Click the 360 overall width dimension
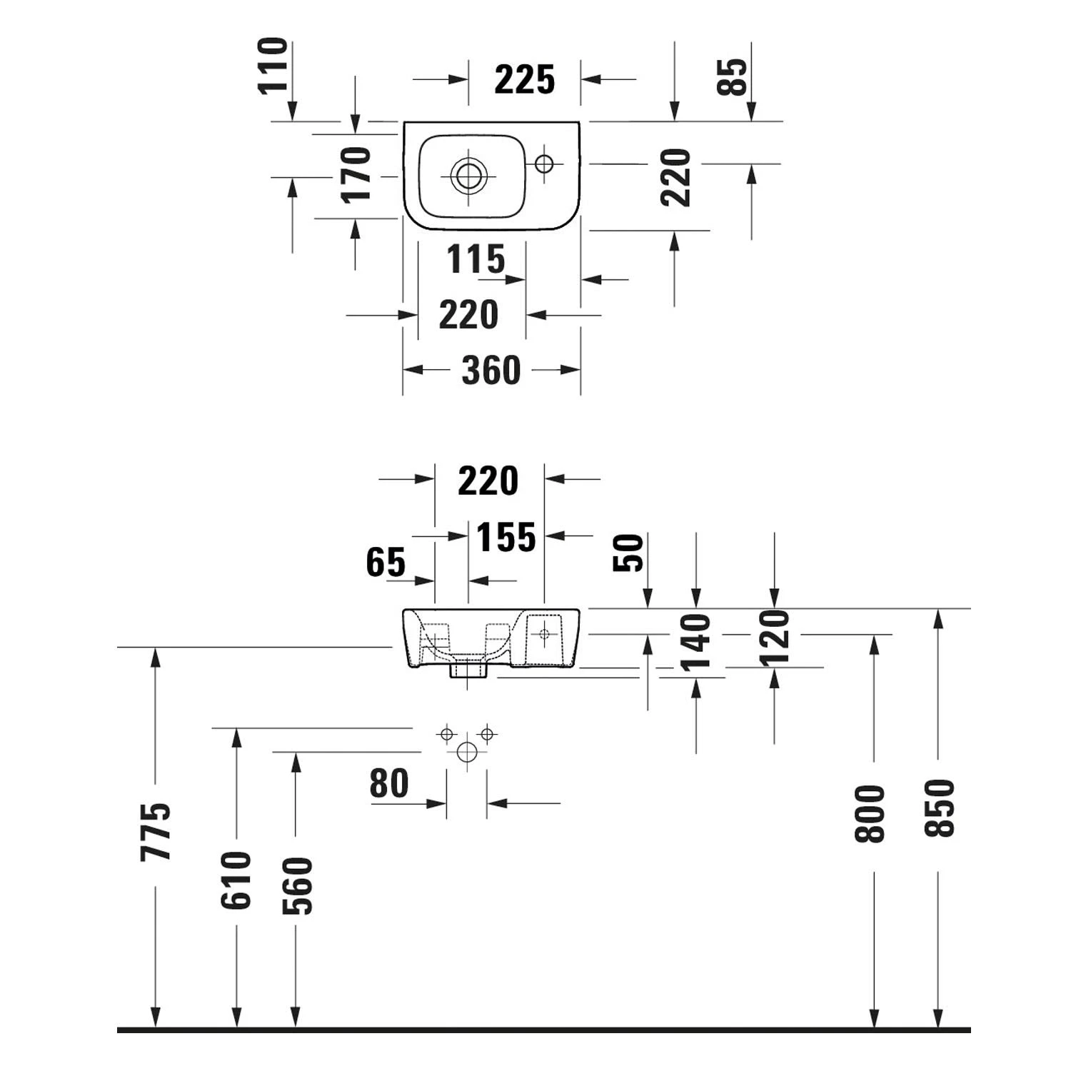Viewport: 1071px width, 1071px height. pos(491,370)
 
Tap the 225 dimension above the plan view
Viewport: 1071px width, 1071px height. pos(524,79)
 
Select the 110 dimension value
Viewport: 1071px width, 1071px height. pos(273,66)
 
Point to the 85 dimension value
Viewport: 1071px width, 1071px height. pos(733,76)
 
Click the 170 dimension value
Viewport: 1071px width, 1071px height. pos(356,175)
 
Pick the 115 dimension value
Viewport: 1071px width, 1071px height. pos(476,259)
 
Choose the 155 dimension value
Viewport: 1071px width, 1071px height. pos(506,538)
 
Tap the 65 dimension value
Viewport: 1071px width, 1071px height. pos(386,562)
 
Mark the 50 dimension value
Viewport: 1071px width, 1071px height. pos(628,553)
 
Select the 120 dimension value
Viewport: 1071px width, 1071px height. pos(775,638)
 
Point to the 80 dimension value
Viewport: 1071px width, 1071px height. pos(389,784)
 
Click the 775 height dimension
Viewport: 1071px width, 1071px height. pos(156,832)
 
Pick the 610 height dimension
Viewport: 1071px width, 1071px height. pos(236,880)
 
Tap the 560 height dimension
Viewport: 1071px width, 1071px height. pos(297,885)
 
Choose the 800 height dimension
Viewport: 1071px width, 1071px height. pos(870,814)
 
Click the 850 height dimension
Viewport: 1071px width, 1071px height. pos(939,808)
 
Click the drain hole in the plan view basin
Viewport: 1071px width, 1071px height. pos(469,175)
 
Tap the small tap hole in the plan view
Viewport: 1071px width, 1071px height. pos(544,164)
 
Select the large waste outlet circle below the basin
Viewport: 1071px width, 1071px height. pos(467,752)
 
